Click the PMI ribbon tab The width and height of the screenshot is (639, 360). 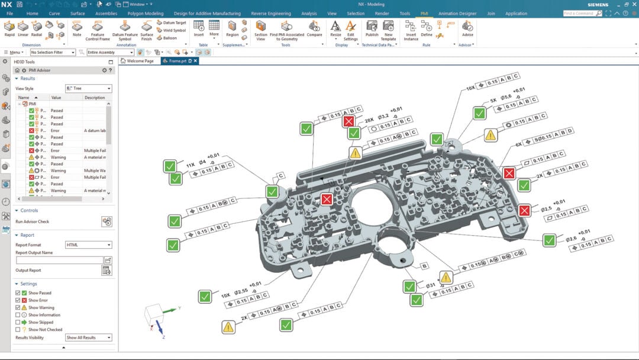(424, 13)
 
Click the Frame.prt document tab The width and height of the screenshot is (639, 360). (177, 61)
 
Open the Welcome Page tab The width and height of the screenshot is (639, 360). (140, 61)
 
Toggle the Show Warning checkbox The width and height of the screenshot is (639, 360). (18, 308)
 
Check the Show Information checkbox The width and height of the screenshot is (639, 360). (18, 315)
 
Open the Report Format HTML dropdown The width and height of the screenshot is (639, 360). (88, 245)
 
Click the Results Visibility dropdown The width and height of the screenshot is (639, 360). (88, 337)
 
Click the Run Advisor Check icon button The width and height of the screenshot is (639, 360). (106, 221)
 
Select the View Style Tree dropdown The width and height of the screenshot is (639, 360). (88, 88)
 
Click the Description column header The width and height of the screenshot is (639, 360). (94, 98)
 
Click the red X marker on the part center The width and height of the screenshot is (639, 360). (327, 200)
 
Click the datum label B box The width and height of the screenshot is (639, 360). (424, 266)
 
